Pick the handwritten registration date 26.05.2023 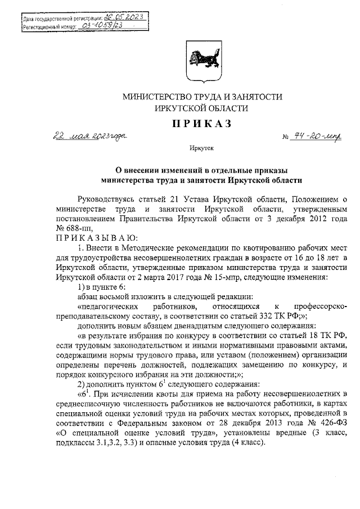point(124,17)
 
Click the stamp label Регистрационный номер point(44,26)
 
